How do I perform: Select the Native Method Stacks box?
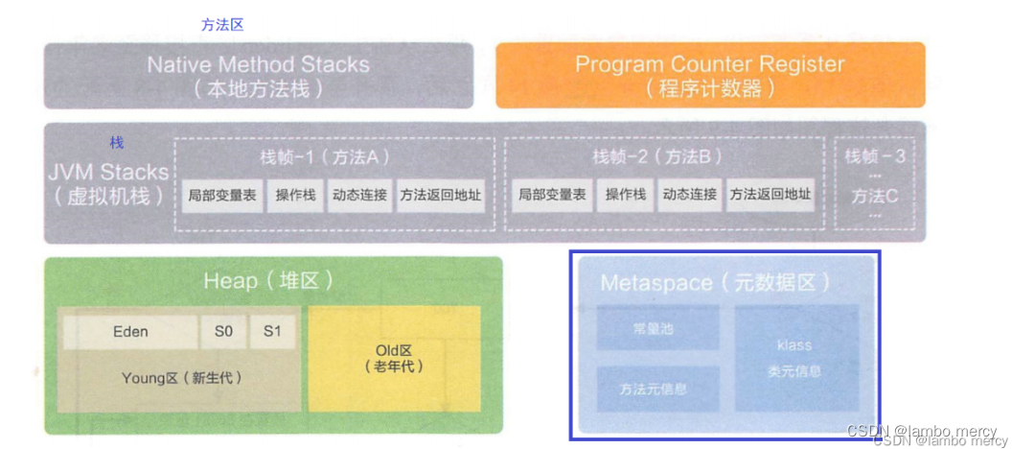click(x=258, y=76)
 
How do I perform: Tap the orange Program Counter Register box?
click(x=709, y=76)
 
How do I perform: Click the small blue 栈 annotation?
click(x=116, y=143)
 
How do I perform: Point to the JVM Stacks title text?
click(x=107, y=174)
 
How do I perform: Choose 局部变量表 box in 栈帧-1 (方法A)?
click(x=221, y=195)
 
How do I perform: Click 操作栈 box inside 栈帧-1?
click(x=295, y=195)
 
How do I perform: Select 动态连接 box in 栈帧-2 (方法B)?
click(x=689, y=195)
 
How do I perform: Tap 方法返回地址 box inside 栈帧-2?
click(x=770, y=195)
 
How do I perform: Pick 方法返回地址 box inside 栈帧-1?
click(x=441, y=195)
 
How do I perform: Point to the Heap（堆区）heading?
click(x=268, y=281)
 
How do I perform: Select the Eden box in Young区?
click(x=130, y=332)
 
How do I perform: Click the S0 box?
click(x=223, y=332)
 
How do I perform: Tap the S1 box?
click(x=272, y=332)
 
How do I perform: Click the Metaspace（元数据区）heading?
click(x=715, y=283)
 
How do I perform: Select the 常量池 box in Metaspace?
click(x=658, y=329)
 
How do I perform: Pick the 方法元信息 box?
click(x=658, y=389)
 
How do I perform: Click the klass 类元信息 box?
click(x=796, y=357)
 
